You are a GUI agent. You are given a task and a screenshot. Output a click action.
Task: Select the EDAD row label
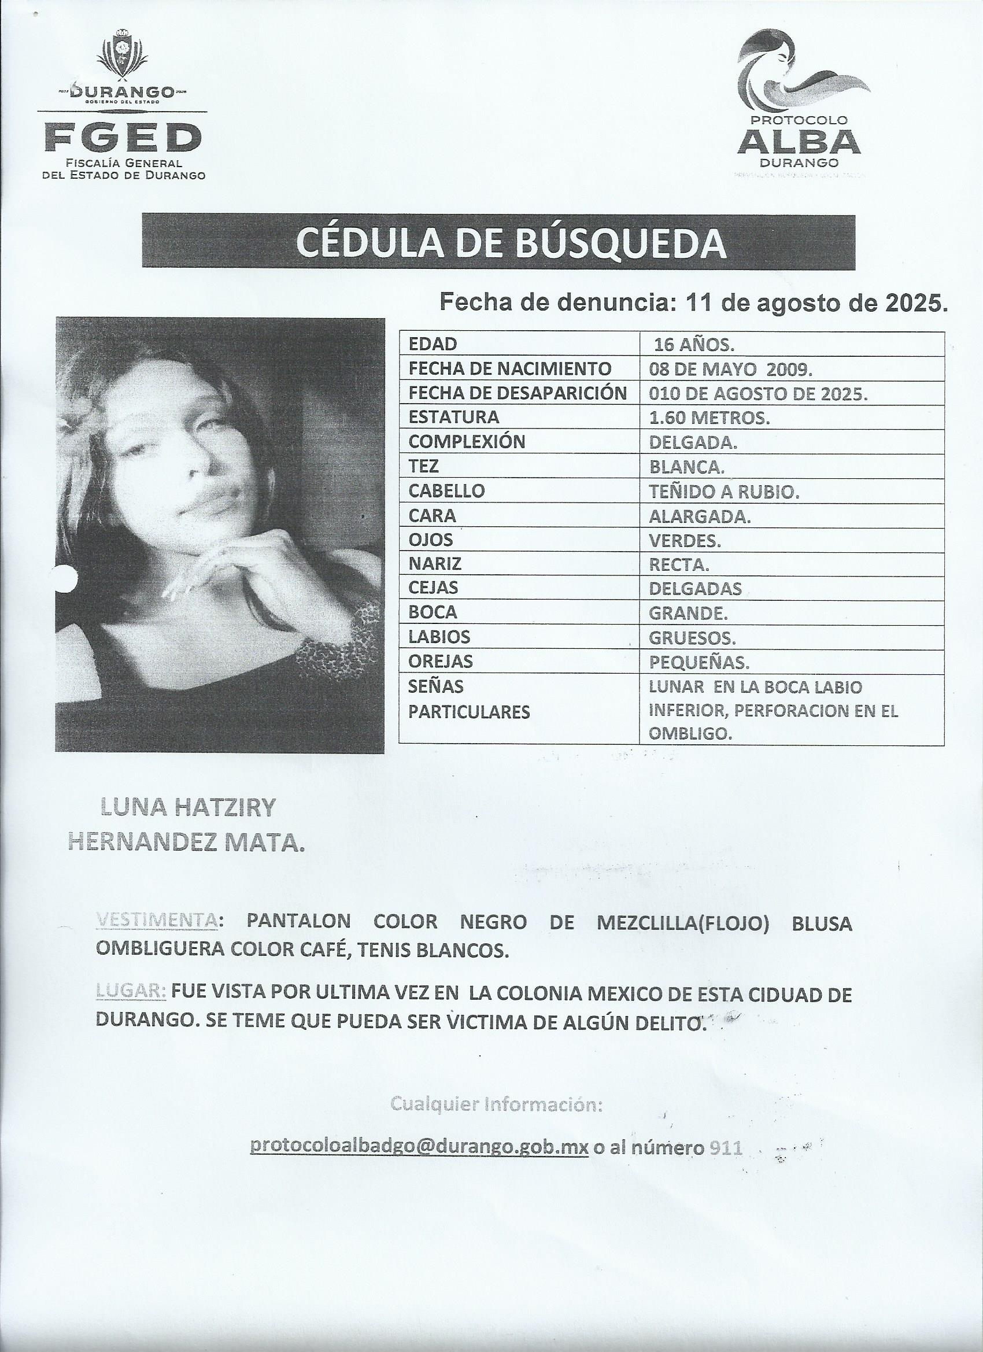click(x=433, y=344)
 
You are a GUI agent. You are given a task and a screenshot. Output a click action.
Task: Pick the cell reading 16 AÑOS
click(x=694, y=345)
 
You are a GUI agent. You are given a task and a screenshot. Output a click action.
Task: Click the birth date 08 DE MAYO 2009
click(x=730, y=370)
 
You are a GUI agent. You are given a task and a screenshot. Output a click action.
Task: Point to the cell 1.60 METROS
click(x=709, y=419)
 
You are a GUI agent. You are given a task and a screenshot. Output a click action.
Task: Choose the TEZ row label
click(x=424, y=467)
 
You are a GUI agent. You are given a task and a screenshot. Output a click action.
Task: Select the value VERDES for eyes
click(x=685, y=541)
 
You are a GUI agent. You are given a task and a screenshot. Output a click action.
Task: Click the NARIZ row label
click(x=435, y=564)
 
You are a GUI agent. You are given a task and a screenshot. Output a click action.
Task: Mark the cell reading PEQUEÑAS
click(x=699, y=662)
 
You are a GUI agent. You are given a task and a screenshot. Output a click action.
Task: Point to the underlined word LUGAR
click(x=131, y=992)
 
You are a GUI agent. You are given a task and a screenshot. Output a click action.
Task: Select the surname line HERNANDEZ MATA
click(x=187, y=842)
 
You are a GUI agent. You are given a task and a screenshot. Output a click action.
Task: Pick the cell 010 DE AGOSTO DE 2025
click(x=757, y=394)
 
